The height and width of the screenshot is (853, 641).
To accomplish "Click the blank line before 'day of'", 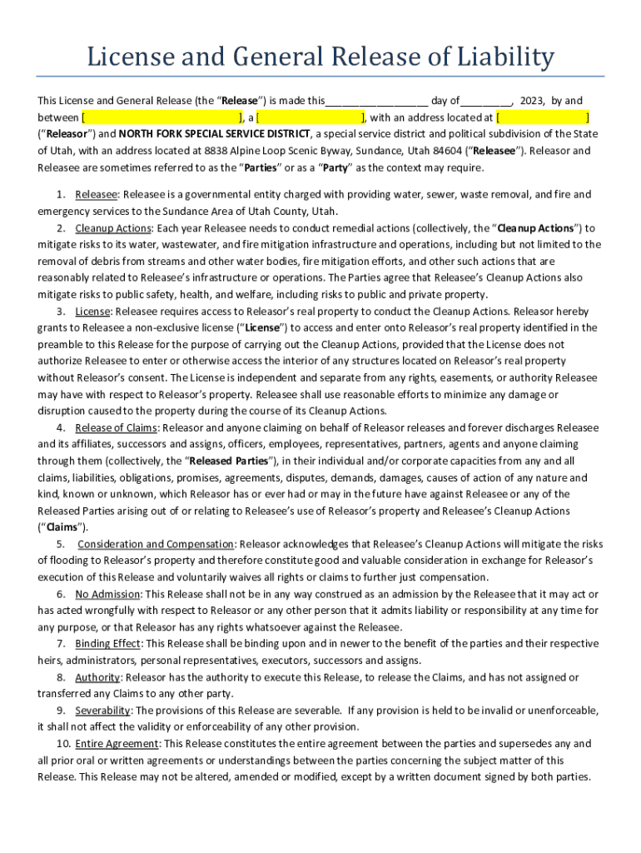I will [x=376, y=101].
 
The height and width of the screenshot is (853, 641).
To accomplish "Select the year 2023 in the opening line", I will [x=529, y=101].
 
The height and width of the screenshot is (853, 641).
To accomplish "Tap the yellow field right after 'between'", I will [x=161, y=117].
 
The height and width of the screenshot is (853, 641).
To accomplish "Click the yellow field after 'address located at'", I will [x=544, y=117].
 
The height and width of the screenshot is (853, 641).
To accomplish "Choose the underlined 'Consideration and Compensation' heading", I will [x=156, y=544].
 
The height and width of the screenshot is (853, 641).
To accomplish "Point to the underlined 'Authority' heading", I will [x=97, y=677].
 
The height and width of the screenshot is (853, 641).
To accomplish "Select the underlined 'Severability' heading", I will [x=102, y=711].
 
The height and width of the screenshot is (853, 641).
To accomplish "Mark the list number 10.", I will [x=63, y=744].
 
